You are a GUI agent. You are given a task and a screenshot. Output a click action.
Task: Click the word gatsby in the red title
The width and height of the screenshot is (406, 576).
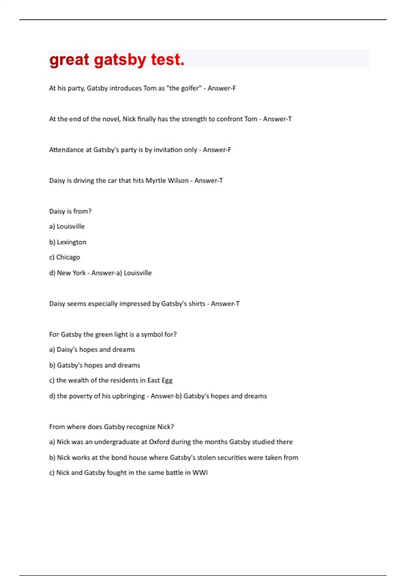pos(120,60)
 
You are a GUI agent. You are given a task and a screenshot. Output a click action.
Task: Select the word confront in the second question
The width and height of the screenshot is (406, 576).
pos(229,119)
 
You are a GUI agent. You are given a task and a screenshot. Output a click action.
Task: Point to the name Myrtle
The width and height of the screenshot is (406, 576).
pos(156,181)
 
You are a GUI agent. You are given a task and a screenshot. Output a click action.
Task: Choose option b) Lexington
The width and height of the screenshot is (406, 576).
pos(68,242)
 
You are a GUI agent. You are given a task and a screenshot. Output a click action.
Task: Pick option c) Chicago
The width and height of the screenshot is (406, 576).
pos(65,257)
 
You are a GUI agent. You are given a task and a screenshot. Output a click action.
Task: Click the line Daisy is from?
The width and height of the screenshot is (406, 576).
pos(70,211)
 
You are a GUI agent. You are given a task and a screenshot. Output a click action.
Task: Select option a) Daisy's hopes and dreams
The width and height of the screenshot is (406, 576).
pos(92,349)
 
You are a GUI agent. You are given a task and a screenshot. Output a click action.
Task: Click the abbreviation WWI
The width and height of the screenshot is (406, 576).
pos(200,473)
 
